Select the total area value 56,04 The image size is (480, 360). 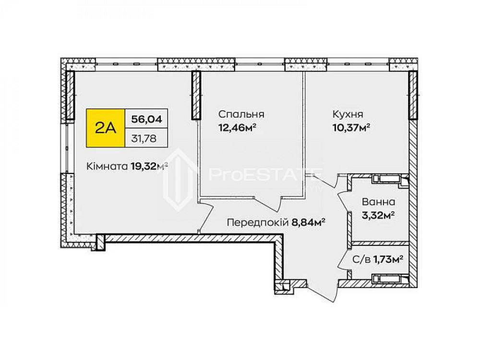click(x=146, y=118)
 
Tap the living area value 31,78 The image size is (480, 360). click(x=146, y=139)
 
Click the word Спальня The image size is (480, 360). click(x=241, y=115)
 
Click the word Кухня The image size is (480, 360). click(x=348, y=115)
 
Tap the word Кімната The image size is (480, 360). click(x=107, y=167)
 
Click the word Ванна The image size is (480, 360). click(x=379, y=202)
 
